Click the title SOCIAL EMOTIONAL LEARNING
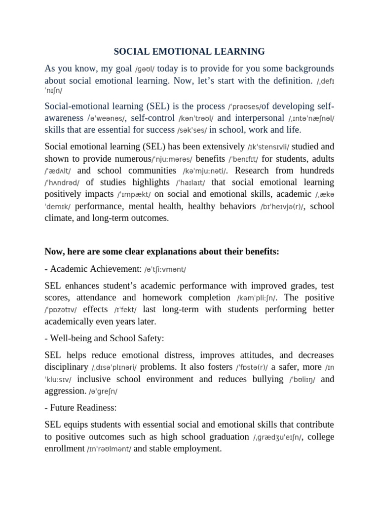[189, 51]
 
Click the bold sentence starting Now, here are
[162, 252]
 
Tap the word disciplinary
[66, 367]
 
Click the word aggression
[65, 391]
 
